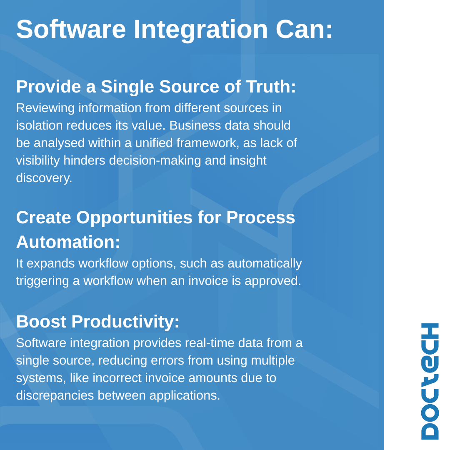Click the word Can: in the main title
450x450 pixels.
pos(304,29)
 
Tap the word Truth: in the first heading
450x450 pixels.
pos(271,86)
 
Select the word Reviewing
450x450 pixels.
pos(45,108)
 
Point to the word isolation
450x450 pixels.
pos(39,125)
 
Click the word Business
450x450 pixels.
pos(195,125)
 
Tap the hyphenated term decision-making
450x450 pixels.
pos(155,161)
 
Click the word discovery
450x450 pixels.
pos(44,178)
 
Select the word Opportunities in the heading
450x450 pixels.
pos(134,218)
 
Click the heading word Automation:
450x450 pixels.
pos(68,242)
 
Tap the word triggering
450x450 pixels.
pos(42,281)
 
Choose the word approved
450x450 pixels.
pos(272,281)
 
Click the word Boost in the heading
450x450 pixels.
pos(41,321)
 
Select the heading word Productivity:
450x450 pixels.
pos(125,322)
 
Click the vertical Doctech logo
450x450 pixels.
pos(430,381)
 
